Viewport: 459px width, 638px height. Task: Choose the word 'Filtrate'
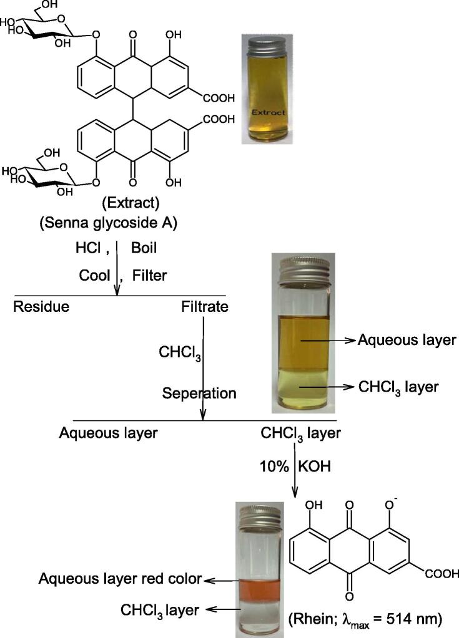204,306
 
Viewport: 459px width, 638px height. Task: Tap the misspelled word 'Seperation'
199,394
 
